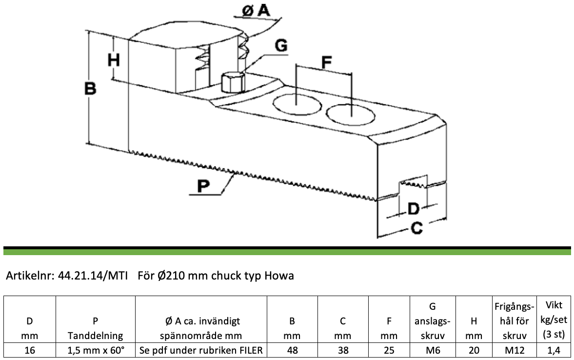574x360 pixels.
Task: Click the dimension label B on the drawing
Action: point(90,89)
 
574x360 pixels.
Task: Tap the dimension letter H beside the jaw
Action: point(114,60)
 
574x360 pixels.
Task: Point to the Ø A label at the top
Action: point(256,11)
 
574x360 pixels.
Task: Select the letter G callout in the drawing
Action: point(281,46)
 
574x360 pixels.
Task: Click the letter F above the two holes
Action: point(327,62)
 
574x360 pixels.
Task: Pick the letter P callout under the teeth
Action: point(203,186)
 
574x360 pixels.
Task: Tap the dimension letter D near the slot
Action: point(413,209)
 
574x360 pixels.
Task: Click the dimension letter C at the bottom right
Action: point(416,228)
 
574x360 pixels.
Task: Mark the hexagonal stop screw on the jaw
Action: point(233,82)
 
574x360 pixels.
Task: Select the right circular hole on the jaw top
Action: point(351,114)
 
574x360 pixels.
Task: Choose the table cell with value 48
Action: point(292,350)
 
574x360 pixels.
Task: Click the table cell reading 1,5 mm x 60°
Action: point(96,350)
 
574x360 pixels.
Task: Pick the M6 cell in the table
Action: point(433,350)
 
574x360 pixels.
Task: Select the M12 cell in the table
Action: point(515,350)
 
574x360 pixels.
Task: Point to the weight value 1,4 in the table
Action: point(554,350)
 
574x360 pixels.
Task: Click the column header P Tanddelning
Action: point(96,328)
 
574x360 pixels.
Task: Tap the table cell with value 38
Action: point(343,350)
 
